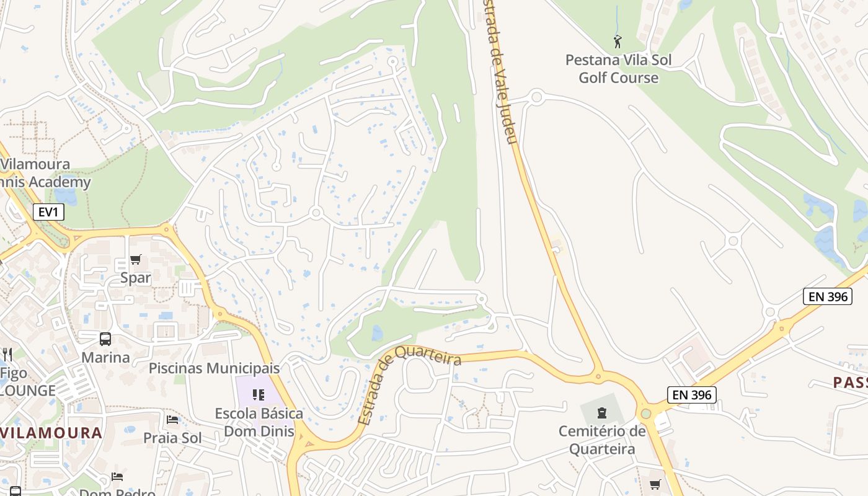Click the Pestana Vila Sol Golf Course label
coord(618,69)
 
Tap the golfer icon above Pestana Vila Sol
coord(617,42)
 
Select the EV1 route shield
coord(48,212)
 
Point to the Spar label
coord(136,277)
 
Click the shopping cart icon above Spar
coord(135,259)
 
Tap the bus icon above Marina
coord(105,339)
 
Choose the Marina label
coord(106,357)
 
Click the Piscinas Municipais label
coord(214,368)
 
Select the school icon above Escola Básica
coord(259,394)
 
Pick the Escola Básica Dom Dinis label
coord(259,422)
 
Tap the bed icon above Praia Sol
coord(172,420)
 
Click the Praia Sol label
coord(172,438)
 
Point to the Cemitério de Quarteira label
coord(601,440)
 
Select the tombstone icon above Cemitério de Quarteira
coord(601,412)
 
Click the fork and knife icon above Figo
coord(7,354)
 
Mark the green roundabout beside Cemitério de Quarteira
coord(645,413)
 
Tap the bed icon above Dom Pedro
coord(117,476)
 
